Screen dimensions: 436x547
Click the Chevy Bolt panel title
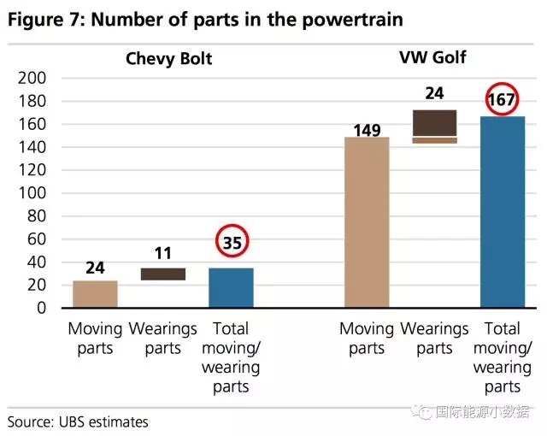(169, 59)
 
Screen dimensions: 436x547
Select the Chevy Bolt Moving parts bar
(95, 293)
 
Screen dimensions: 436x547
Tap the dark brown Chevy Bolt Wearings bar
(163, 274)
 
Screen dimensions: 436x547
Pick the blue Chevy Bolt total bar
(231, 287)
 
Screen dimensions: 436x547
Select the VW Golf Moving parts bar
(367, 221)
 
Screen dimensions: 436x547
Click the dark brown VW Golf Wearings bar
(434, 123)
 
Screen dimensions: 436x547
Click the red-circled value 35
(232, 242)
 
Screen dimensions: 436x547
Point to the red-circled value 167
(501, 99)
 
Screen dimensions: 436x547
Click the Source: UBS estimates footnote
(78, 421)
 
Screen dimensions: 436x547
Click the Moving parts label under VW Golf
(367, 338)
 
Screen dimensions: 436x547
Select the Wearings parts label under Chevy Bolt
(163, 338)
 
